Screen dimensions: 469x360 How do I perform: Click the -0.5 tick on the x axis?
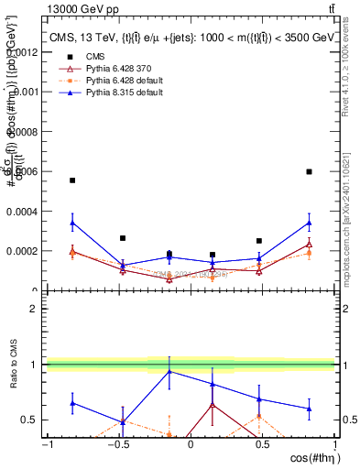point(118,444)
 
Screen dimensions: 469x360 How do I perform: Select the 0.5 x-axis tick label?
point(263,444)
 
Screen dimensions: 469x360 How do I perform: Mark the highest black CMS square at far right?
point(309,171)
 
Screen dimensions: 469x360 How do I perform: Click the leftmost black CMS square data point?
point(72,180)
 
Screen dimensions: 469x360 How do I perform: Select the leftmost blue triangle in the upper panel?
point(72,222)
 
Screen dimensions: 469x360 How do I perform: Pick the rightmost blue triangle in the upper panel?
point(309,223)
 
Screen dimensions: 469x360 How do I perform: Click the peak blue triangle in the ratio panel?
point(169,371)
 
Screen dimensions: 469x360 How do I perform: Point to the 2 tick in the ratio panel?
point(36,309)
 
